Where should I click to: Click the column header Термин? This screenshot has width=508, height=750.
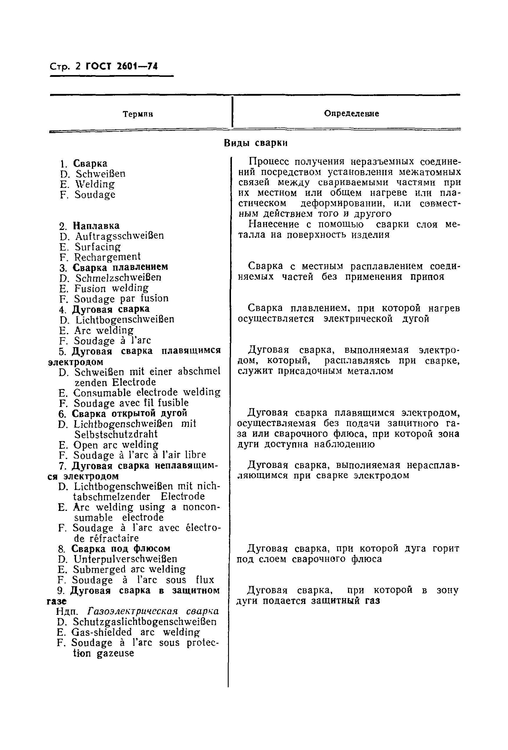(138, 114)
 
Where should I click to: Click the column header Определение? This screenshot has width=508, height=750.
(351, 114)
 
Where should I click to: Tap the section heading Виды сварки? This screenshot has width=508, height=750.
(255, 143)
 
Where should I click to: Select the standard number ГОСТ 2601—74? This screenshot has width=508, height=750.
(121, 67)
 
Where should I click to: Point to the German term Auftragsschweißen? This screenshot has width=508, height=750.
(120, 236)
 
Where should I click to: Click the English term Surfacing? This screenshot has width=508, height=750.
(98, 246)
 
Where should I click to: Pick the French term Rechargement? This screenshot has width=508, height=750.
(107, 257)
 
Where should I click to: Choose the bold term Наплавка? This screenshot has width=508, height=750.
(96, 226)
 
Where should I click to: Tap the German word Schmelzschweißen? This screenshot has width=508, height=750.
(118, 278)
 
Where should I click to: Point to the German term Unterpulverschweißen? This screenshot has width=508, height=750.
(125, 559)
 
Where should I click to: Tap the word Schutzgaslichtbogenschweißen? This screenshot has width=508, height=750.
(144, 622)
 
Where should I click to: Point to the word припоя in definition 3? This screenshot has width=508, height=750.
(427, 277)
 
